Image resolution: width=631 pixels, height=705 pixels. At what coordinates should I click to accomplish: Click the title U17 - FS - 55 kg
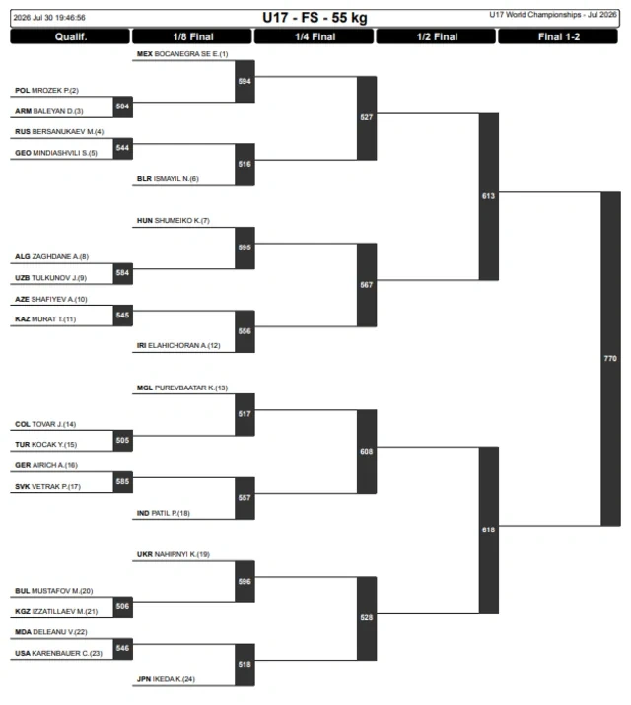[x=315, y=18]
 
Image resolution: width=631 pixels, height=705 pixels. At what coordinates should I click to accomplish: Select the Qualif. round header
[x=71, y=36]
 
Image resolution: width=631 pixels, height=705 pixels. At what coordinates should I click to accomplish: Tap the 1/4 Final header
[x=315, y=36]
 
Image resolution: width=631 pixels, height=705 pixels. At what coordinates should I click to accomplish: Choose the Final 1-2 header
[x=558, y=36]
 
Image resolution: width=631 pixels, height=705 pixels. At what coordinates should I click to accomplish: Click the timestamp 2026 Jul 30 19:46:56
[x=49, y=18]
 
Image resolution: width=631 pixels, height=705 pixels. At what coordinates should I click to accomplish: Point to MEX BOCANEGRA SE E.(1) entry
[x=182, y=54]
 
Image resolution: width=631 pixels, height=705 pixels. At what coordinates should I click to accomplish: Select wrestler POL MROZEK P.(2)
[x=46, y=91]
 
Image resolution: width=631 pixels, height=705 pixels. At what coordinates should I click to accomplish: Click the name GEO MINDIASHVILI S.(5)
[x=56, y=153]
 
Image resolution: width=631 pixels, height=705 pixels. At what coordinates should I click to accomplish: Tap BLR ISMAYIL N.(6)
[x=168, y=178]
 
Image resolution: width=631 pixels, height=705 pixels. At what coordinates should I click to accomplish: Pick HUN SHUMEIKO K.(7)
[x=173, y=220]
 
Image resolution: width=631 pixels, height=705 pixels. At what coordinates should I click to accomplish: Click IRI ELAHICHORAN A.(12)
[x=178, y=345]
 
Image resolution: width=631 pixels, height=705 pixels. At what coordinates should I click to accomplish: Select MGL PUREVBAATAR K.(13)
[x=182, y=388]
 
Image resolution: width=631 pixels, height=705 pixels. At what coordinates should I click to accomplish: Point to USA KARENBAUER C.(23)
[x=58, y=653]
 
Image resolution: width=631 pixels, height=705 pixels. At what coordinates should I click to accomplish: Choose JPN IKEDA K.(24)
[x=166, y=679]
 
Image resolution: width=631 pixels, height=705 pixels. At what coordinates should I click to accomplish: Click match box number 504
[x=122, y=106]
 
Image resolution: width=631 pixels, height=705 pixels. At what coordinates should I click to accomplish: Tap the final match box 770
[x=610, y=358]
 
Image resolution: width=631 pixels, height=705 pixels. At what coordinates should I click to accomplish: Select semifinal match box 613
[x=488, y=196]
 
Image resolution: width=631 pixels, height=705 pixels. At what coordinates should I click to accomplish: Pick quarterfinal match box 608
[x=367, y=452]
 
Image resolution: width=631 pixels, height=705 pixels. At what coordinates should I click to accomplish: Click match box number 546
[x=122, y=649]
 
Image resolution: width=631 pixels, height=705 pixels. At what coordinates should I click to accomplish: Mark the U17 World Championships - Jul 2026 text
[x=553, y=15]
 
